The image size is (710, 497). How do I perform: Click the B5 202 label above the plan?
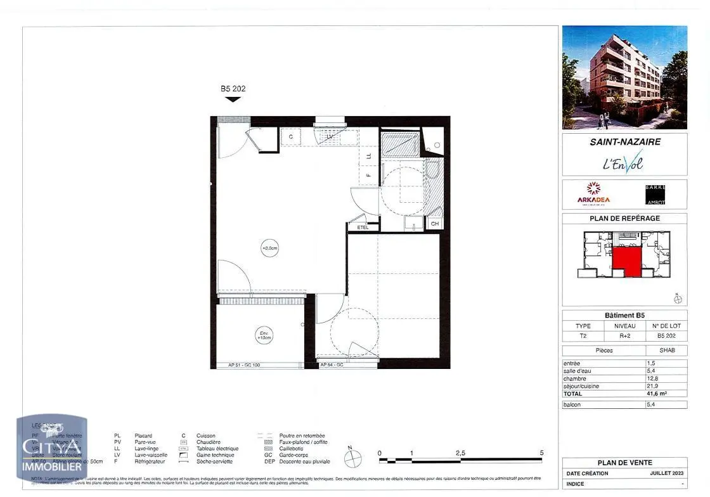coord(233,89)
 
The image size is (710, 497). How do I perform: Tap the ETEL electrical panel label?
coord(363,227)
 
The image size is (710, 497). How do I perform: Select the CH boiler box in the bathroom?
coord(435,223)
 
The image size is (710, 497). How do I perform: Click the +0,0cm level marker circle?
coord(270,248)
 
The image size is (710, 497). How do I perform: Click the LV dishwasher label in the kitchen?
coord(330,136)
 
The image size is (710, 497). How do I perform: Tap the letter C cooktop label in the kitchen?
coord(291,137)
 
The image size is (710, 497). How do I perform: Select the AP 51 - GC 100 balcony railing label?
coord(243,365)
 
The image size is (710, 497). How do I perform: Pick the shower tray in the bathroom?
coord(399,145)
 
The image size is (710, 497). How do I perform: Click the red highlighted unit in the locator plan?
coord(626,261)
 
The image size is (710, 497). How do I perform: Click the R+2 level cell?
coord(624,337)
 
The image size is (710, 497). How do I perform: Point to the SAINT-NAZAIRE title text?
coord(624,142)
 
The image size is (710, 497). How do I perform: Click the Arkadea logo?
coord(593,193)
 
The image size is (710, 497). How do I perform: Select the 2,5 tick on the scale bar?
coord(460,453)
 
